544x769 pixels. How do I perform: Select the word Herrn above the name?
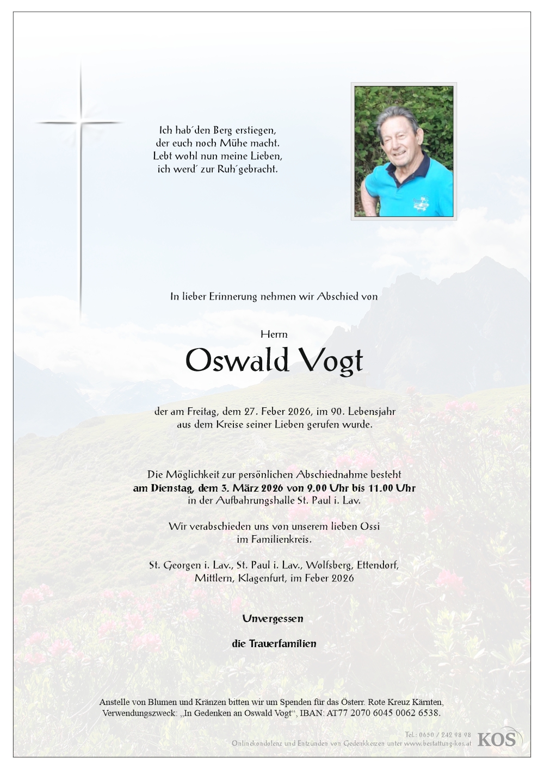point(274,334)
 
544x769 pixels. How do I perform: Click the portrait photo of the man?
point(404,151)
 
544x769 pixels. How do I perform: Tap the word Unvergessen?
point(273,618)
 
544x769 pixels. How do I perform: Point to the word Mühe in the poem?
point(233,144)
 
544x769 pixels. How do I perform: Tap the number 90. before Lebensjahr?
point(324,412)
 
